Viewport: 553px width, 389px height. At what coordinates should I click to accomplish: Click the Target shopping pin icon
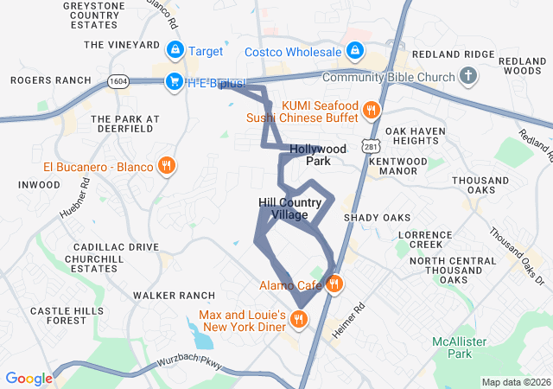175,51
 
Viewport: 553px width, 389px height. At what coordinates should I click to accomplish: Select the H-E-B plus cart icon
175,82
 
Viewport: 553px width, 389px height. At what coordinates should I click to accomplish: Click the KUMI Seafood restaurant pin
371,109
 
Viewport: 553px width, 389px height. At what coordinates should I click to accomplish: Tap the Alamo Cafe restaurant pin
334,284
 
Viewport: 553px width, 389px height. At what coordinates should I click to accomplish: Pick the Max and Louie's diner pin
298,320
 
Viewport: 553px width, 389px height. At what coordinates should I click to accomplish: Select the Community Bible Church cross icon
468,77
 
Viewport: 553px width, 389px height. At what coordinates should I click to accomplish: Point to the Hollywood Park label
318,155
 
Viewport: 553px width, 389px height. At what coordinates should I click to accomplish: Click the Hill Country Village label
294,208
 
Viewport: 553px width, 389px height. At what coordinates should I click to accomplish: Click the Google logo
29,378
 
